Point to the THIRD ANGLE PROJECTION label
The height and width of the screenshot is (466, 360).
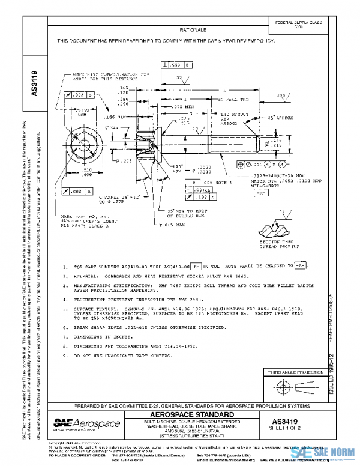[x=290, y=372]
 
